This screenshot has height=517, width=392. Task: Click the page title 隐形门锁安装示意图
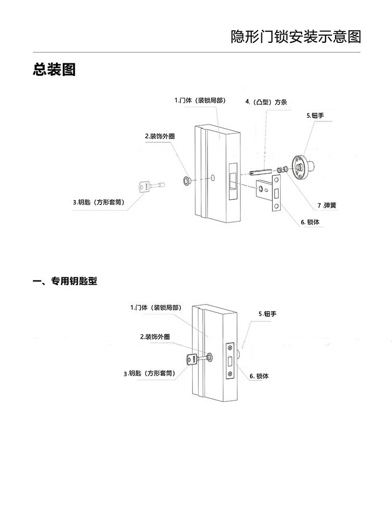pos(296,37)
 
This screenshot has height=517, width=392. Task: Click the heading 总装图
pos(54,70)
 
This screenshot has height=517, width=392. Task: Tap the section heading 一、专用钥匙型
pos(65,282)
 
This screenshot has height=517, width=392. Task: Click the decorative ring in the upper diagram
pos(187,181)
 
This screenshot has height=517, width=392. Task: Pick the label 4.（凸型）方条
pos(266,102)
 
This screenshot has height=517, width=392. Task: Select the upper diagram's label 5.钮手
pos(315,115)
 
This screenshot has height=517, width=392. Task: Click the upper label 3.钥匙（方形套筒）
pos(99,202)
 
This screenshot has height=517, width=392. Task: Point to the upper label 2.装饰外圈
pos(159,137)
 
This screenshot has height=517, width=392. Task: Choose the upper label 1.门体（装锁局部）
pos(200,100)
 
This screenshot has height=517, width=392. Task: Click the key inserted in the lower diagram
pos(193,359)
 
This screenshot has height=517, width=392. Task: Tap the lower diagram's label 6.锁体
pos(259,376)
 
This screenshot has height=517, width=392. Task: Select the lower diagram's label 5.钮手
pos(267,314)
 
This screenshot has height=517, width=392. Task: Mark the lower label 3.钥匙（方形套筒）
pos(149,374)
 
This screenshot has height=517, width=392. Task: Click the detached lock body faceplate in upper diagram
pos(276,194)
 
